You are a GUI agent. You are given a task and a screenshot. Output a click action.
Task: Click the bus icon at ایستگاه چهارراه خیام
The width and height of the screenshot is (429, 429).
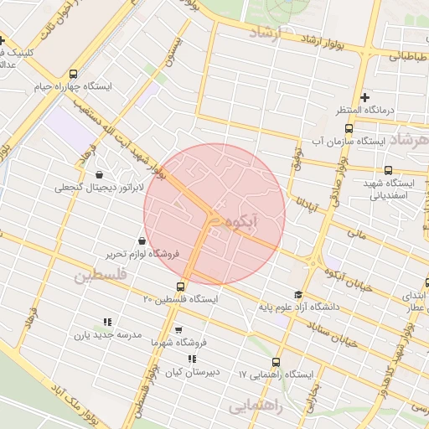[74, 73]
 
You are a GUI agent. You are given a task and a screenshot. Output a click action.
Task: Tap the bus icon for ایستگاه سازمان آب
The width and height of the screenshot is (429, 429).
[349, 128]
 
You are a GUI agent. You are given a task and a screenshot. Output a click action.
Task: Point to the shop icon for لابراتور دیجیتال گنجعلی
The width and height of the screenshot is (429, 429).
[101, 175]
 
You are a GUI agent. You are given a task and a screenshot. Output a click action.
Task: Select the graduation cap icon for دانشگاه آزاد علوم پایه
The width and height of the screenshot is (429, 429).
[298, 294]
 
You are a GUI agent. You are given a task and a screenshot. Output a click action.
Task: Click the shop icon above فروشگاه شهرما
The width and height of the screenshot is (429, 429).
[178, 330]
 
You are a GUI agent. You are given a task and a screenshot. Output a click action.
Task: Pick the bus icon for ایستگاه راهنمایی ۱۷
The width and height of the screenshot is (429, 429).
[277, 363]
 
